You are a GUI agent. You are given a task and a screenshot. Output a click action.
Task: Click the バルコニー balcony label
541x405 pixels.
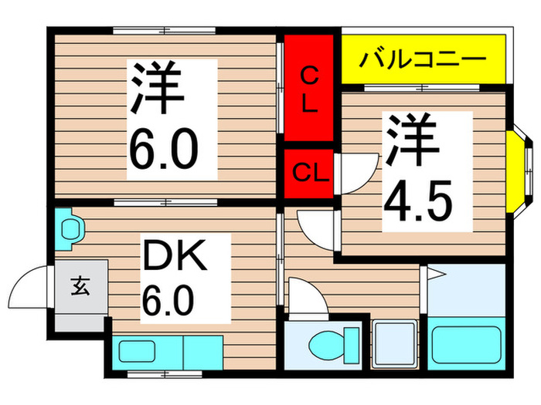[424, 58]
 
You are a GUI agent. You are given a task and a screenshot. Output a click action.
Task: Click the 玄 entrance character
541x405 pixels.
[80, 289]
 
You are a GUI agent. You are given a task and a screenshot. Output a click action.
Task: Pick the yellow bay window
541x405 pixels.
[516, 172]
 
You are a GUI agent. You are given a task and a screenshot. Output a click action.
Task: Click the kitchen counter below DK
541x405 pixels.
[168, 352]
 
